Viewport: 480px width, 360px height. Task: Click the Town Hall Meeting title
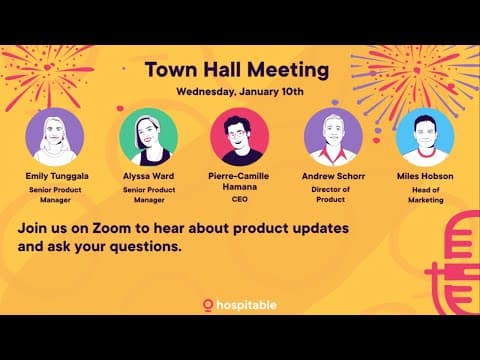pyautogui.click(x=237, y=70)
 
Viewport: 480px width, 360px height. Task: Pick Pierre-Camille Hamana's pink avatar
pyautogui.click(x=239, y=137)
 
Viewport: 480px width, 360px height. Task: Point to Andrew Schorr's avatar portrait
pyautogui.click(x=333, y=137)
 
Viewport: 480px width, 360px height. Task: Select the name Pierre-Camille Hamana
pyautogui.click(x=239, y=180)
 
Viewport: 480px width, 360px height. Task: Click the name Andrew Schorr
pyautogui.click(x=334, y=174)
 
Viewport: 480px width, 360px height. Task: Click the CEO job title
pyautogui.click(x=239, y=199)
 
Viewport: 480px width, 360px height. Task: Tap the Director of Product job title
pyautogui.click(x=334, y=193)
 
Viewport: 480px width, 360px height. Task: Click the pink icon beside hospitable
pyautogui.click(x=208, y=304)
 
